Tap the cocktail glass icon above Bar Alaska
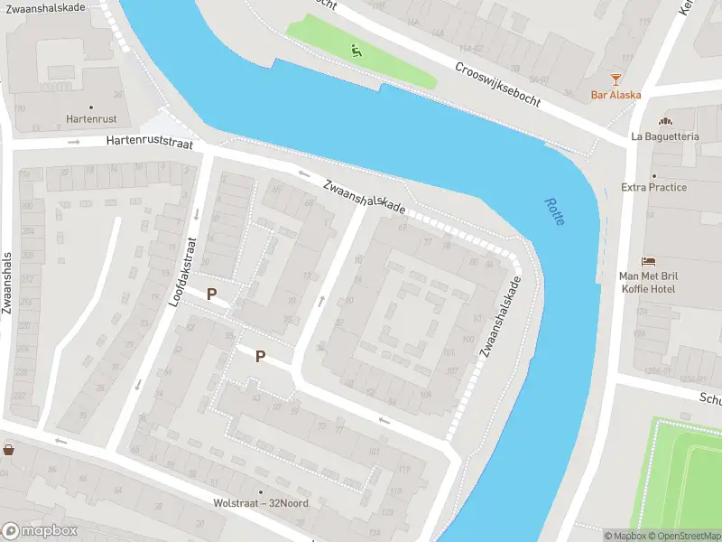tap(616, 79)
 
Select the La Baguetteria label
tap(664, 136)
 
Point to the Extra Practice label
tap(653, 187)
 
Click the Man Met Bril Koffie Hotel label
tap(648, 282)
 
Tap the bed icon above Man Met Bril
tap(648, 261)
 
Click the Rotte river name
tap(554, 211)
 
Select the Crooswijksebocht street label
tap(497, 85)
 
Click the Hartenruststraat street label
tap(149, 142)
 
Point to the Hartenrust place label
tap(91, 118)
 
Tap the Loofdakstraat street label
tap(183, 271)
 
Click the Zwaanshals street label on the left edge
tap(7, 283)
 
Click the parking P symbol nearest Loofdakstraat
tap(212, 294)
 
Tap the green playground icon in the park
tap(356, 51)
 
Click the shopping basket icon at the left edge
tap(9, 449)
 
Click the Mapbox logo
tap(40, 531)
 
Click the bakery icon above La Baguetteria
tap(665, 121)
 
